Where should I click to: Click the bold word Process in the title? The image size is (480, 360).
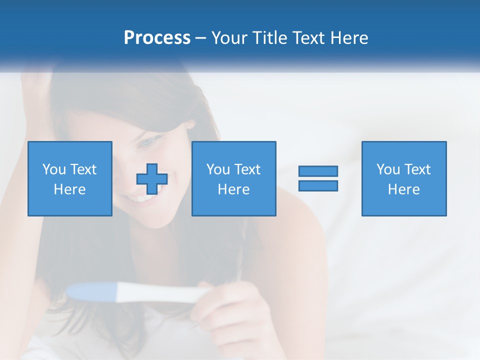click(157, 38)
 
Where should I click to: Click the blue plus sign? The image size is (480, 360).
click(152, 178)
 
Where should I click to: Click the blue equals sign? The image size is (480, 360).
click(318, 178)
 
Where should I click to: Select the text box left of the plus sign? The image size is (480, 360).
click(70, 178)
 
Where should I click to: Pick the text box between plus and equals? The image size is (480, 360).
click(233, 178)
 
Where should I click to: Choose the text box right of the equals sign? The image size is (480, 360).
click(404, 178)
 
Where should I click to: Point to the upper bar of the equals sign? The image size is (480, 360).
click(318, 171)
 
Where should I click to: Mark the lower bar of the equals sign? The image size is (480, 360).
click(318, 185)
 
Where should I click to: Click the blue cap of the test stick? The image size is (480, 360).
click(92, 291)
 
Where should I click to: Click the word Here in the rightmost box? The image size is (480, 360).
click(404, 189)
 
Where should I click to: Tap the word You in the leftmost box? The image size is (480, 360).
click(53, 169)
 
